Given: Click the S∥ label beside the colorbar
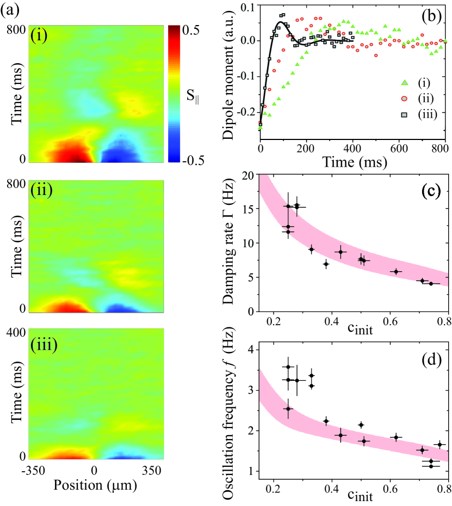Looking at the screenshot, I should [x=191, y=97].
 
